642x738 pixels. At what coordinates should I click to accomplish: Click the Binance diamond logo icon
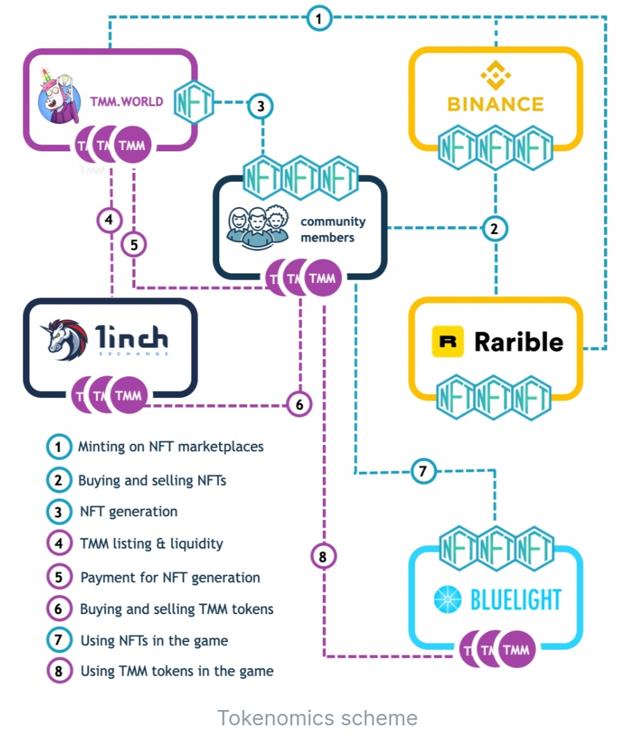click(495, 75)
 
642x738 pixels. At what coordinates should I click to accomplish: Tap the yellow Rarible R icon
click(447, 341)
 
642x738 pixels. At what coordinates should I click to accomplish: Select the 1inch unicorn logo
click(64, 340)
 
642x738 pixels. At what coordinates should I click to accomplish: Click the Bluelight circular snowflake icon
click(447, 599)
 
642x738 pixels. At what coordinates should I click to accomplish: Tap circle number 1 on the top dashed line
click(319, 18)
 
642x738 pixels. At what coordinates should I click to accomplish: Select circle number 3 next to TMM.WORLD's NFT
click(260, 106)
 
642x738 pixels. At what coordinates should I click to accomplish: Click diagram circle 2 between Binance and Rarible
click(494, 229)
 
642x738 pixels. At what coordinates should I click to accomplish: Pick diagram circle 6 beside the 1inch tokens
click(299, 404)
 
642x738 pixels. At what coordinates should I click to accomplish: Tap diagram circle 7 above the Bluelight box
click(423, 471)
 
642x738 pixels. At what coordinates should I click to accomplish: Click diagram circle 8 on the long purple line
click(323, 556)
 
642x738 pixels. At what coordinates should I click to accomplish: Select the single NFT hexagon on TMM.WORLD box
click(194, 102)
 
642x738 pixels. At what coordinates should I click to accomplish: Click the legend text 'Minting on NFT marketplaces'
click(171, 446)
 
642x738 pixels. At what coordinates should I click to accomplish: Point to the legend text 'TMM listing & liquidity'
click(151, 543)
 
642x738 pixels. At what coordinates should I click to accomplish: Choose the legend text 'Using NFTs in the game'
click(154, 641)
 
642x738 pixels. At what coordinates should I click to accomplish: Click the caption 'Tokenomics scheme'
click(318, 718)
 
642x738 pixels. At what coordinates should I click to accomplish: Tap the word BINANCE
click(495, 104)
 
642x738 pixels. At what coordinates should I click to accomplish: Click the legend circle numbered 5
click(59, 577)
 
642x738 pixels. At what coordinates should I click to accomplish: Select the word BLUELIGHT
click(516, 599)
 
